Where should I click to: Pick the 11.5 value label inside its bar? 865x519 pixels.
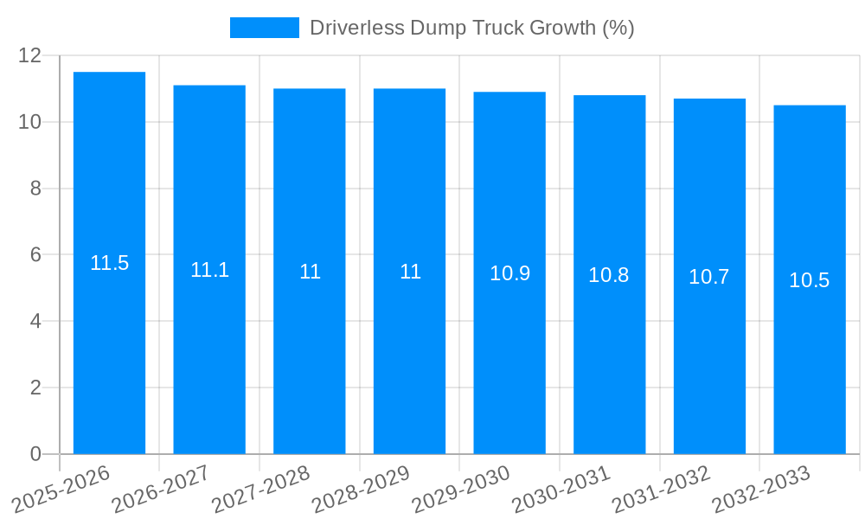click(109, 263)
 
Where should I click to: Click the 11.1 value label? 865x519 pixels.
click(209, 270)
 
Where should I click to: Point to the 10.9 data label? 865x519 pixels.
click(509, 273)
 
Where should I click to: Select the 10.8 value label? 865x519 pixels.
click(609, 275)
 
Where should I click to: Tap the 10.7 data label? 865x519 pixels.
click(709, 277)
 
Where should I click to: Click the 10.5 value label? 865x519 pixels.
click(810, 280)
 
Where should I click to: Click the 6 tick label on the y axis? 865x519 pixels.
click(35, 255)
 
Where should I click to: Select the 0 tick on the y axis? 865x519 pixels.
click(35, 454)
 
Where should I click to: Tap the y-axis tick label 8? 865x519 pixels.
click(35, 189)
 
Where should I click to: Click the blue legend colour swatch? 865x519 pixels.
click(264, 28)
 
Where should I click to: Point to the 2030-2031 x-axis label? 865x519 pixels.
click(560, 489)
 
